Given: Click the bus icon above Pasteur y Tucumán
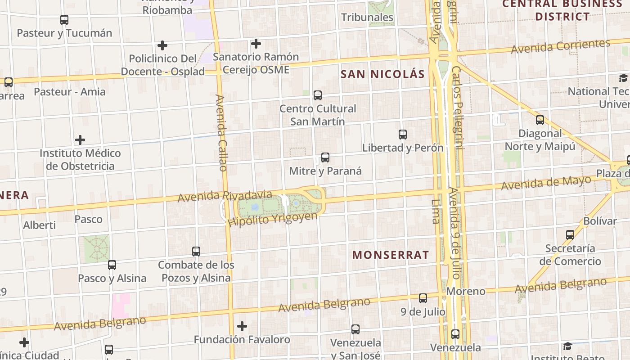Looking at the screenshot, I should pyautogui.click(x=64, y=20).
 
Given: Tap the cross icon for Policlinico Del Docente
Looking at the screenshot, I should pyautogui.click(x=162, y=45).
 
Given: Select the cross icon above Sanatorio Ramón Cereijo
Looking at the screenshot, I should pyautogui.click(x=256, y=44).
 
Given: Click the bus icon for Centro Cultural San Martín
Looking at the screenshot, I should pyautogui.click(x=318, y=95).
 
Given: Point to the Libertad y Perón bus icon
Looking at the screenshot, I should pyautogui.click(x=403, y=135).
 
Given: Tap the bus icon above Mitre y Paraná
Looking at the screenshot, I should pyautogui.click(x=325, y=157).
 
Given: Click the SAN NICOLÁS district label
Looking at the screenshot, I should pyautogui.click(x=382, y=74).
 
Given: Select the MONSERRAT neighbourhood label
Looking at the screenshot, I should pyautogui.click(x=391, y=255).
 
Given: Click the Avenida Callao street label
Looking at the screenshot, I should pyautogui.click(x=221, y=133).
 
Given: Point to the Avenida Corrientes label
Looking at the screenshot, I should pyautogui.click(x=560, y=46).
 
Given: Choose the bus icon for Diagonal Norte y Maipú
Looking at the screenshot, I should pyautogui.click(x=540, y=120).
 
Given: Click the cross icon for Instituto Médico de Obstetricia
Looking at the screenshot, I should pyautogui.click(x=80, y=140).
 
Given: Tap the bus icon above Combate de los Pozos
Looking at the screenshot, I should pyautogui.click(x=196, y=252).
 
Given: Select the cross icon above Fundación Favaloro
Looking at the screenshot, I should pyautogui.click(x=242, y=326).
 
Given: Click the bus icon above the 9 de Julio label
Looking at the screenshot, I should pyautogui.click(x=423, y=298).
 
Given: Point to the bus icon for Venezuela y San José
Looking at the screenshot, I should pyautogui.click(x=355, y=329).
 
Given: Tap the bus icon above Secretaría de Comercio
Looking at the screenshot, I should pyautogui.click(x=570, y=234).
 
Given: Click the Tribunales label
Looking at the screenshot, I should pyautogui.click(x=367, y=18).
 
